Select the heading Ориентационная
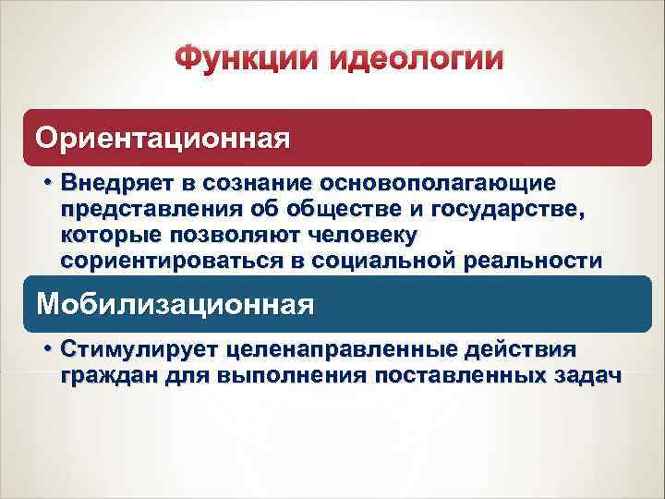point(163,139)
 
